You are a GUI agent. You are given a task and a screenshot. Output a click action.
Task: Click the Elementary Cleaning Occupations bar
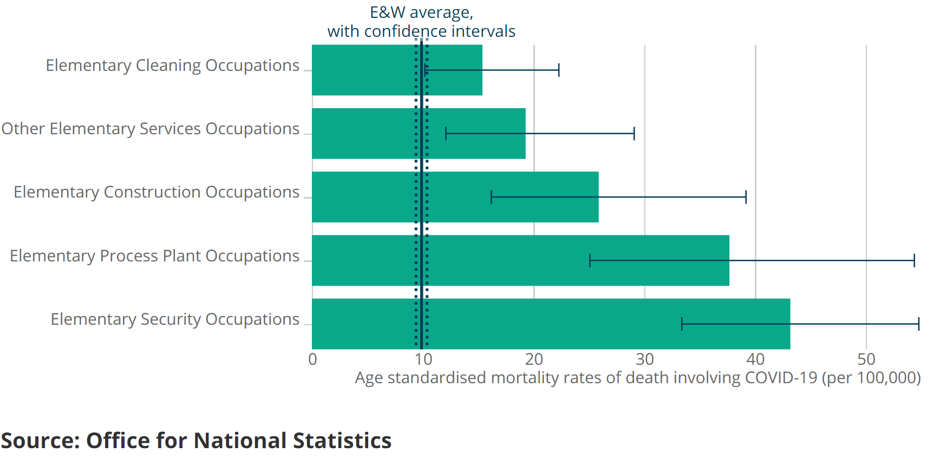[397, 70]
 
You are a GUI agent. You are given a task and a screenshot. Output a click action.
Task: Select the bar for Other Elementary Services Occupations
[419, 133]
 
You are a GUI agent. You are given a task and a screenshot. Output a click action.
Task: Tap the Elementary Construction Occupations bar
[455, 197]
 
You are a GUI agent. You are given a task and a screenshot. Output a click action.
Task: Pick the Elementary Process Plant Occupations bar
[520, 260]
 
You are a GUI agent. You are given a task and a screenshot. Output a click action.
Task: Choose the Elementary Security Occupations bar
[551, 324]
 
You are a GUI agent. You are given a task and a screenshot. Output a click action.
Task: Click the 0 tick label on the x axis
[312, 359]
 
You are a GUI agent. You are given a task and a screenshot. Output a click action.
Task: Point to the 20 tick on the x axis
[534, 359]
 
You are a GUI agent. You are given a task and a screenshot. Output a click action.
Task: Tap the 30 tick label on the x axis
[645, 359]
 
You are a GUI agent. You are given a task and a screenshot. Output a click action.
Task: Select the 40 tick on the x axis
[755, 359]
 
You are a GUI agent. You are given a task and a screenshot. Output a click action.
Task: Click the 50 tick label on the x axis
[866, 359]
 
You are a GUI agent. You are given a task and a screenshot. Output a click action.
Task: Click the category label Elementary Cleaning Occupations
[172, 65]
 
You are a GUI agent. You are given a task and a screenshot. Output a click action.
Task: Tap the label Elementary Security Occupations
[175, 319]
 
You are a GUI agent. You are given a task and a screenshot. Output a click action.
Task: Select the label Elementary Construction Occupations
[156, 192]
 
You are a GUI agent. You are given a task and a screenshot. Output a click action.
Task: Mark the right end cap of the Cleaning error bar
[559, 70]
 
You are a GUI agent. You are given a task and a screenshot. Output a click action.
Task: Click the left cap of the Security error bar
[682, 324]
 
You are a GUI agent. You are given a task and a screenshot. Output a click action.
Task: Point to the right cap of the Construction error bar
[746, 197]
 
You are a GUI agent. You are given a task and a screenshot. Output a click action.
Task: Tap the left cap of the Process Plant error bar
[590, 260]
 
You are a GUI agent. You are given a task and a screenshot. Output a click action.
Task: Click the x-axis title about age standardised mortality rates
[638, 378]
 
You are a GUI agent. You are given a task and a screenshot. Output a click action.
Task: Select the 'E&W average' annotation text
[421, 12]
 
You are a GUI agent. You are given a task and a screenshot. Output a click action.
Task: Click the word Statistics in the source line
[342, 441]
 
